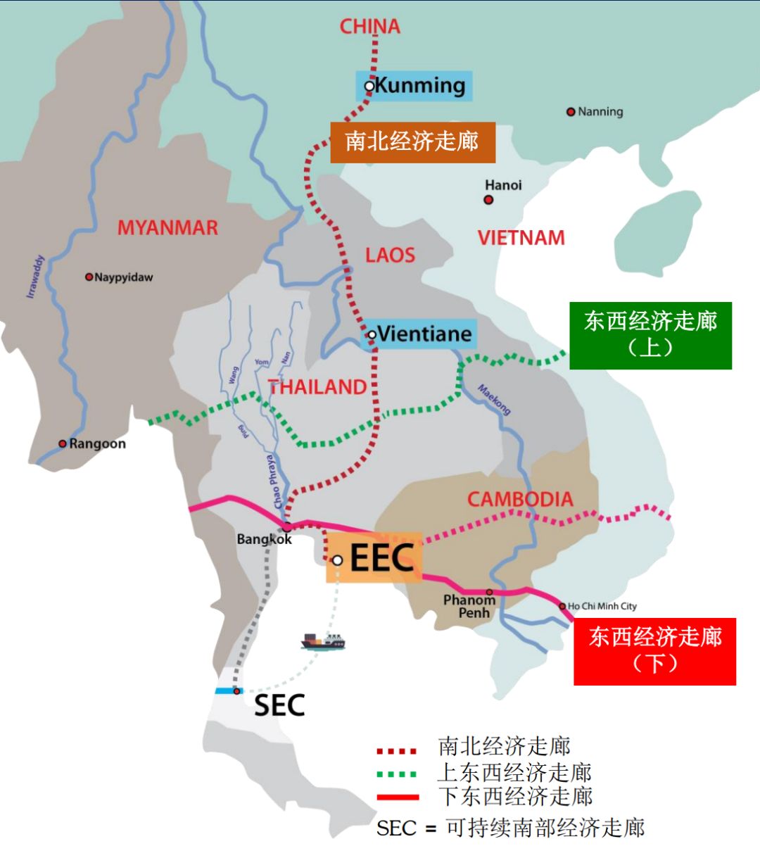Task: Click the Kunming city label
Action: coord(419,86)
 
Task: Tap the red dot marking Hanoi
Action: coord(488,200)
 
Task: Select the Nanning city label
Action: coord(600,112)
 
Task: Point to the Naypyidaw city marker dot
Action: coord(89,277)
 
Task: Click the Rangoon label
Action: coord(97,444)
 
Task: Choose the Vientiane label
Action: coord(424,334)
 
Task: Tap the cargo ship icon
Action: coord(323,641)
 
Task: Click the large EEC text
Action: coord(381,559)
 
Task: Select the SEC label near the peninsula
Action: coord(279,705)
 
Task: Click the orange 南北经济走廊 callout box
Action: coord(412,142)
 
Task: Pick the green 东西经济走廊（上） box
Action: coord(650,335)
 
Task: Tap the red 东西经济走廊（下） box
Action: coord(654,651)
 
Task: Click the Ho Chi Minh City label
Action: coord(602,606)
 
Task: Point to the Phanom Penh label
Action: coord(469,606)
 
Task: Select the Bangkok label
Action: coord(264,539)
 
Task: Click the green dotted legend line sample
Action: coord(398,774)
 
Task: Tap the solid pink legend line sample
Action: coord(398,797)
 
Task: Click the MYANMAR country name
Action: coord(167,228)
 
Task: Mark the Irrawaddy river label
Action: coord(35,277)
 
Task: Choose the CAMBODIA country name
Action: coord(520,500)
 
